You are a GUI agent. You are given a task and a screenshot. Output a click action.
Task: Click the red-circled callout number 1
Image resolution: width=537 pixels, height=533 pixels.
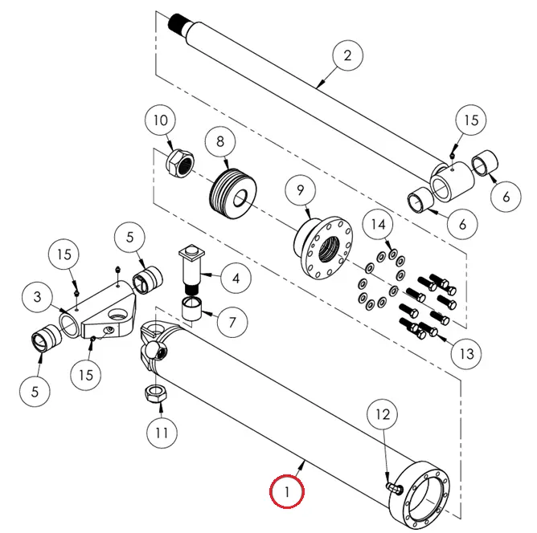(288, 490)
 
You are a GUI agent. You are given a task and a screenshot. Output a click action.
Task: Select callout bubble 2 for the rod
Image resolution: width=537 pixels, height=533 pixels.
(347, 55)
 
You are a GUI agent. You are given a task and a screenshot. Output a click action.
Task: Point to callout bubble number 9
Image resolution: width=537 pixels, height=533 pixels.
(301, 190)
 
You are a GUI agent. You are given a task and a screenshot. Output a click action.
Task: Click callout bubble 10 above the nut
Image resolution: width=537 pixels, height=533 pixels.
(161, 121)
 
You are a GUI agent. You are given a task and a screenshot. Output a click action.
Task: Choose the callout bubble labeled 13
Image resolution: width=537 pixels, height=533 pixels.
(467, 352)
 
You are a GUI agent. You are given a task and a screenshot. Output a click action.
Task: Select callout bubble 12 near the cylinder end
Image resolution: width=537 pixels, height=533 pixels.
(383, 415)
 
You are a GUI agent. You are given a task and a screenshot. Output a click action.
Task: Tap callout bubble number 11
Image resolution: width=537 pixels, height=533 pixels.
(161, 433)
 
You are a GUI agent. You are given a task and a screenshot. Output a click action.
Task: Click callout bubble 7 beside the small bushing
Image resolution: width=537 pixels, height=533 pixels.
(232, 322)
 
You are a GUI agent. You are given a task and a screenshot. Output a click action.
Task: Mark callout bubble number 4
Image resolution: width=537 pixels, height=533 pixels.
(235, 279)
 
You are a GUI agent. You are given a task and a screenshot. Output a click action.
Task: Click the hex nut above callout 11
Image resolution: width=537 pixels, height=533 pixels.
(154, 393)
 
